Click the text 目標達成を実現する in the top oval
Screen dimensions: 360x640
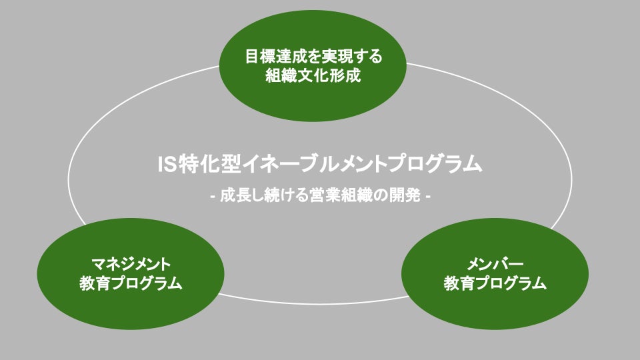pyautogui.click(x=313, y=56)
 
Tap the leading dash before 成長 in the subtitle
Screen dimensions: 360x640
pyautogui.click(x=212, y=197)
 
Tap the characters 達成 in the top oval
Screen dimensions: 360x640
pyautogui.click(x=291, y=56)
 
